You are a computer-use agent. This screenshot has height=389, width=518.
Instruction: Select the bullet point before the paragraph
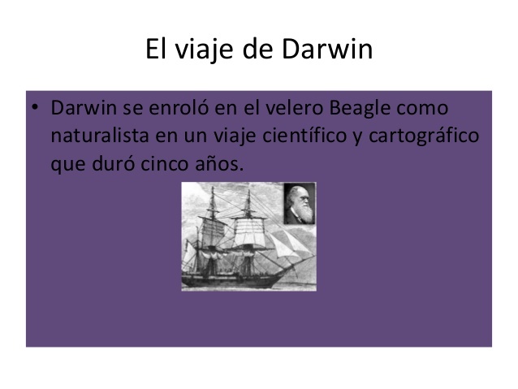[x=37, y=108]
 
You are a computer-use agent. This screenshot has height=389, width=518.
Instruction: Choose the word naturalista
[x=97, y=136]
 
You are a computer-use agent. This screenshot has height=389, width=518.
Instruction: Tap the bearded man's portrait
[x=297, y=203]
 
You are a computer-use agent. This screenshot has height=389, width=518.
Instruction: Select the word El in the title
[x=156, y=50]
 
